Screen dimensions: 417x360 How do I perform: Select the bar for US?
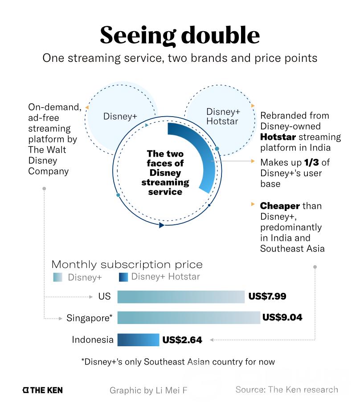coord(181,297)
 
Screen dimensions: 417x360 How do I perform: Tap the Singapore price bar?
coord(188,318)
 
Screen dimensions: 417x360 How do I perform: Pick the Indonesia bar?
coord(138,340)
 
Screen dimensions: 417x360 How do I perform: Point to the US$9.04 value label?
coord(282,318)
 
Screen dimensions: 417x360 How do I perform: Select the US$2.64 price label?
coord(182,340)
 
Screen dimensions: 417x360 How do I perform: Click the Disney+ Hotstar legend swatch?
coord(123,277)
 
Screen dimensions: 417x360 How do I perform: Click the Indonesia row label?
coord(93,340)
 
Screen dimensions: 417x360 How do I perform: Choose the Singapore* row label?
coord(89,318)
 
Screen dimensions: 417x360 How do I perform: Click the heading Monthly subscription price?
coord(127,264)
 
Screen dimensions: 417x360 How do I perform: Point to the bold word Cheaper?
coord(280,206)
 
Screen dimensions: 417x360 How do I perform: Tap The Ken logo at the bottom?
coord(42,390)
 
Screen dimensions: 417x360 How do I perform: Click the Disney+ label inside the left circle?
coord(120,117)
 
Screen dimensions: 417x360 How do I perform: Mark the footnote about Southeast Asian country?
coord(178,362)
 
